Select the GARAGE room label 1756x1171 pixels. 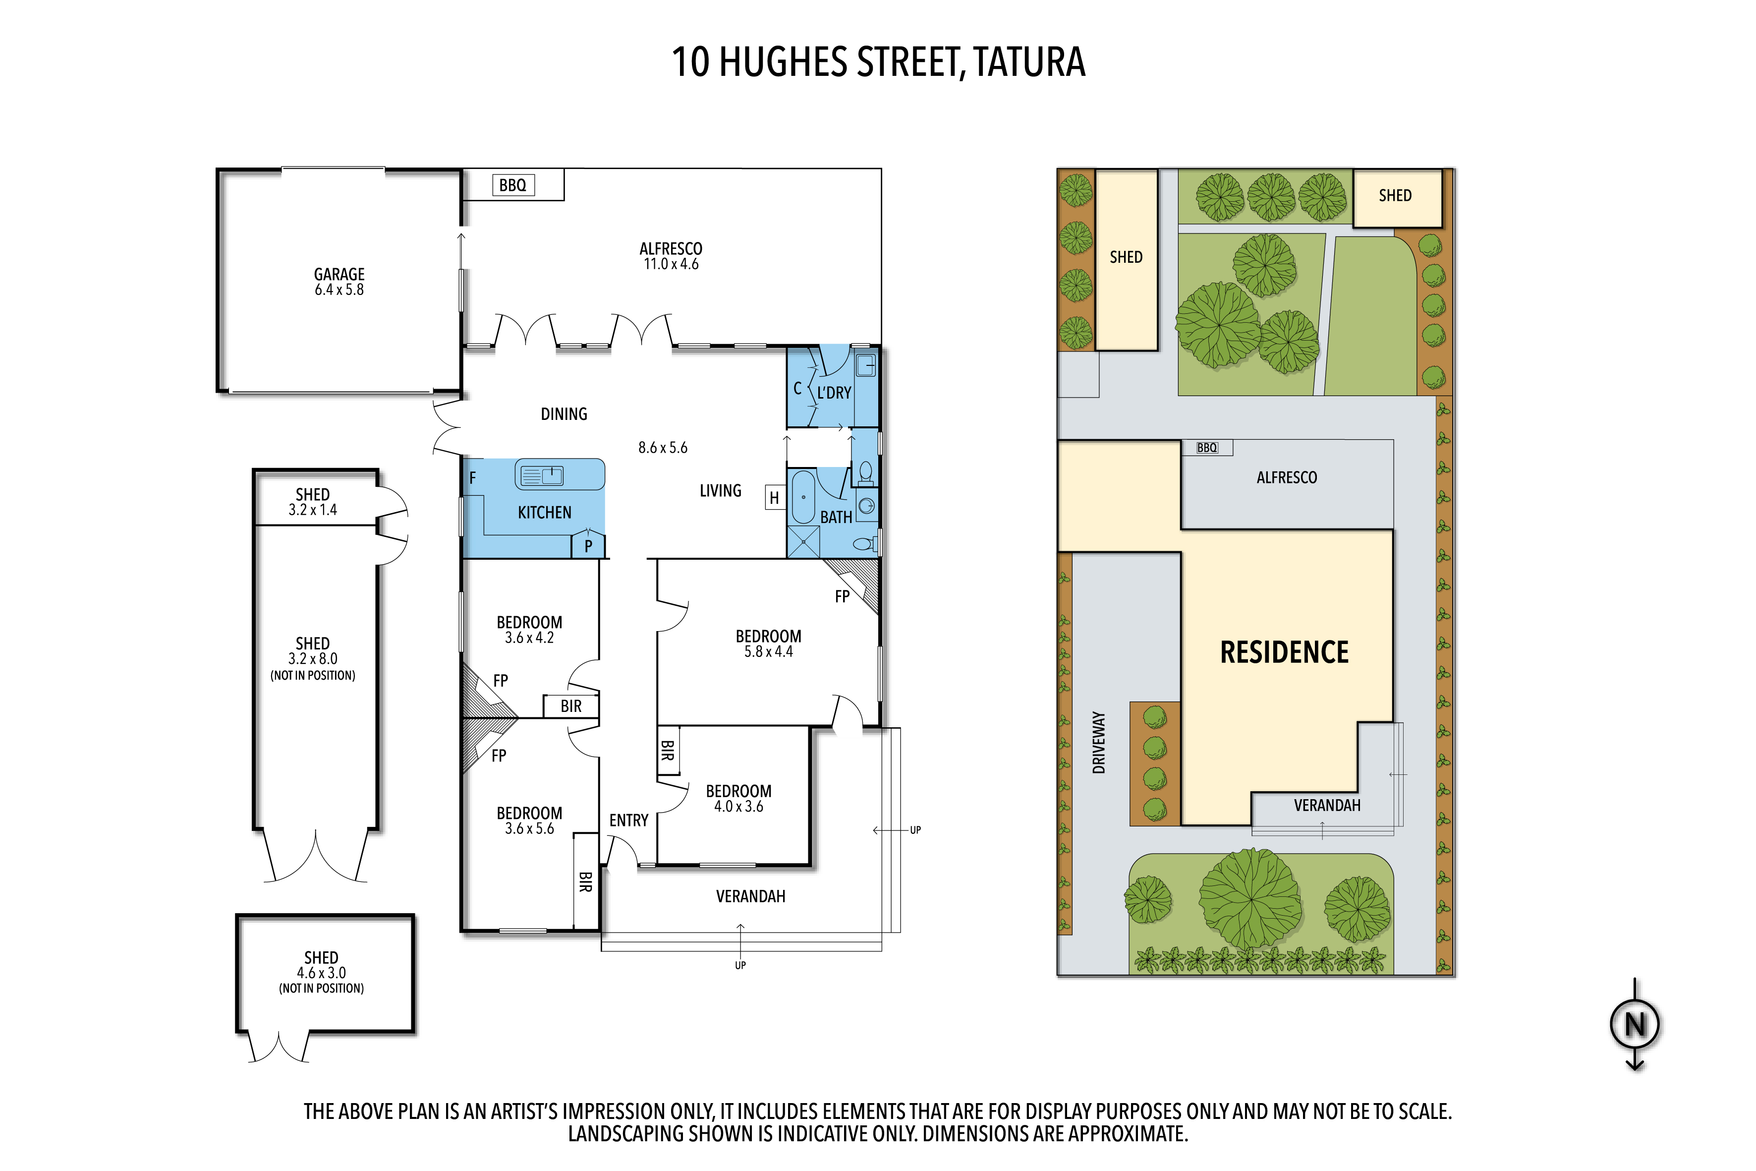coord(339,275)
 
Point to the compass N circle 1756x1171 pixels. coord(1635,1025)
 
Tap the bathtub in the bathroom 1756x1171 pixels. coord(803,497)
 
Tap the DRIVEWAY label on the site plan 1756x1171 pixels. coord(1099,742)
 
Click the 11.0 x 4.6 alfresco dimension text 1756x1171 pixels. coord(671,264)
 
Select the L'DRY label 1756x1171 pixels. coord(834,393)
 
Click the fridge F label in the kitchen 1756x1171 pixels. coord(473,478)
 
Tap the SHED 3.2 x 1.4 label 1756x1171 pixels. coord(313,502)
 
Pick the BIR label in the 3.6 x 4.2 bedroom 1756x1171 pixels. coord(571,706)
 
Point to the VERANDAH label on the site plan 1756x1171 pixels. coord(1327,806)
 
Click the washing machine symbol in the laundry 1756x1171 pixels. coord(866,366)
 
